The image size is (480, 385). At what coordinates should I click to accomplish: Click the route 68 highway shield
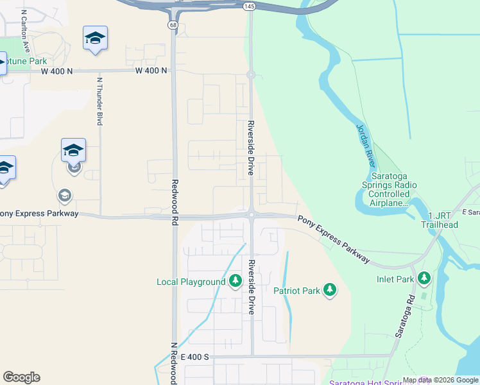[x=173, y=24]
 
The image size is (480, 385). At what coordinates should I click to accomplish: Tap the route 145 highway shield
[x=250, y=6]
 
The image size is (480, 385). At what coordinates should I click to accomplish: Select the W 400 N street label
[x=151, y=71]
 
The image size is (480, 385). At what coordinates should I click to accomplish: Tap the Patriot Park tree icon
[x=330, y=290]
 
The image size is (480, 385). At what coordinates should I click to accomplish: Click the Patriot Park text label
[x=296, y=291]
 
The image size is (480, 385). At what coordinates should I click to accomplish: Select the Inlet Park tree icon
[x=424, y=278]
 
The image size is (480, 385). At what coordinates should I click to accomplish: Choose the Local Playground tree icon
[x=236, y=281]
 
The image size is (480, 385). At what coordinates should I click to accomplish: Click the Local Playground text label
[x=191, y=282]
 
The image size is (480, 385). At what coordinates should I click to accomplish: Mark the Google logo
[x=21, y=377]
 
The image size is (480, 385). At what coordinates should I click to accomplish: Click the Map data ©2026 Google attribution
[x=440, y=380]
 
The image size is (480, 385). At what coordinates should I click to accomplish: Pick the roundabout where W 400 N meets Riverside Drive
[x=251, y=74]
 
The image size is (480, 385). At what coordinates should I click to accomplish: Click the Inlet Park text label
[x=395, y=279]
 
